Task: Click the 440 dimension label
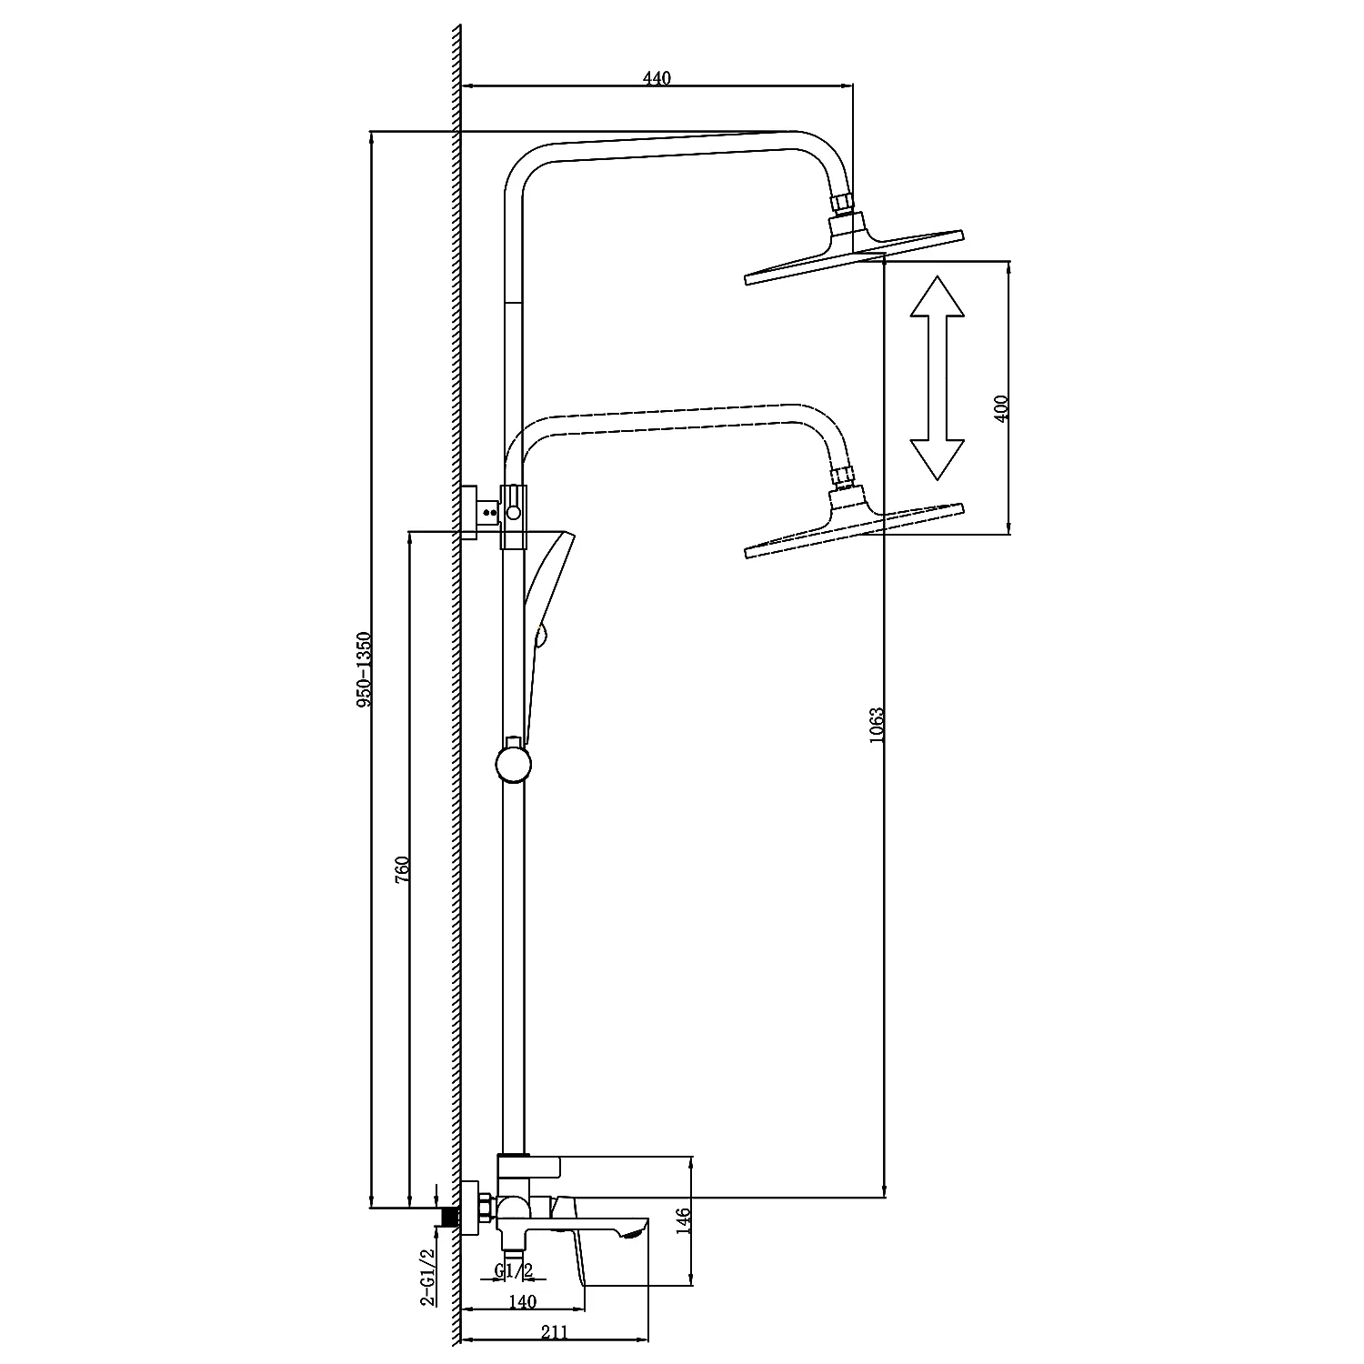[x=656, y=78]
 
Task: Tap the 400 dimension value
[x=1001, y=407]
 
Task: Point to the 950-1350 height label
[x=364, y=669]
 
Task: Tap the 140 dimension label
[x=523, y=1302]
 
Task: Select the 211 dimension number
[x=554, y=1332]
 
